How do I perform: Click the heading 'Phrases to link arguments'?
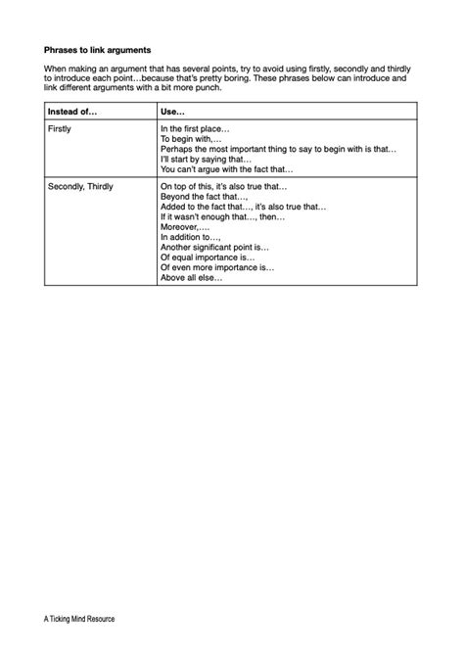(x=98, y=46)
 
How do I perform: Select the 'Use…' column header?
(x=173, y=113)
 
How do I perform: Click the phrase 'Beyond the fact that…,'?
(x=203, y=196)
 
